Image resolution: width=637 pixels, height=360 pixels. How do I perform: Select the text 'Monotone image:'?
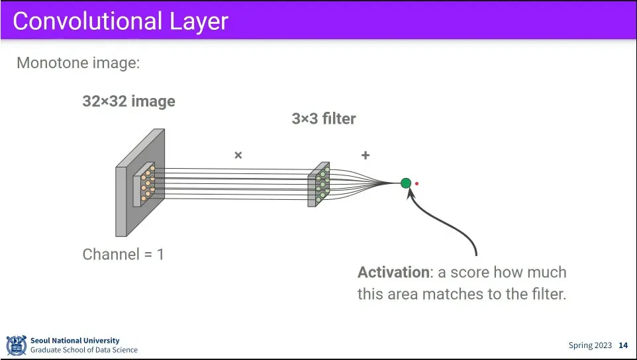[78, 64]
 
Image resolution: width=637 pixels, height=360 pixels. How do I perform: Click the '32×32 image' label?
[128, 101]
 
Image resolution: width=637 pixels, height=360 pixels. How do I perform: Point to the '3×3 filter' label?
[324, 119]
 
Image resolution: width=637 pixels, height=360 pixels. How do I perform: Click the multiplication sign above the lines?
[238, 156]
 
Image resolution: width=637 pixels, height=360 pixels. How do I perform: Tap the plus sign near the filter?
[365, 156]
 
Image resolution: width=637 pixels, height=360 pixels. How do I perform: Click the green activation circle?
[406, 183]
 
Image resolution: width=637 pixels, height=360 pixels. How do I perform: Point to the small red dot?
[416, 184]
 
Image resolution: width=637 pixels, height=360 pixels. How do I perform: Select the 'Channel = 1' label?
[123, 254]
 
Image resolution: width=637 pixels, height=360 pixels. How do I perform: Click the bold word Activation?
[393, 273]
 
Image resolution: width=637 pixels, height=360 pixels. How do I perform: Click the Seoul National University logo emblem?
[16, 345]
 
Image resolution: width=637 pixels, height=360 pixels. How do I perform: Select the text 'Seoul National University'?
[75, 341]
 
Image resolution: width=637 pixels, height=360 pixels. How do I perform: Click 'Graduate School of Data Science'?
[83, 350]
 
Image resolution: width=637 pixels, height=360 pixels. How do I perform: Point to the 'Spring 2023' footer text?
[590, 345]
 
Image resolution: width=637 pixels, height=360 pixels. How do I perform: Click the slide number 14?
[623, 345]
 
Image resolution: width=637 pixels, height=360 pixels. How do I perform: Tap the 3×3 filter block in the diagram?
[318, 185]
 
